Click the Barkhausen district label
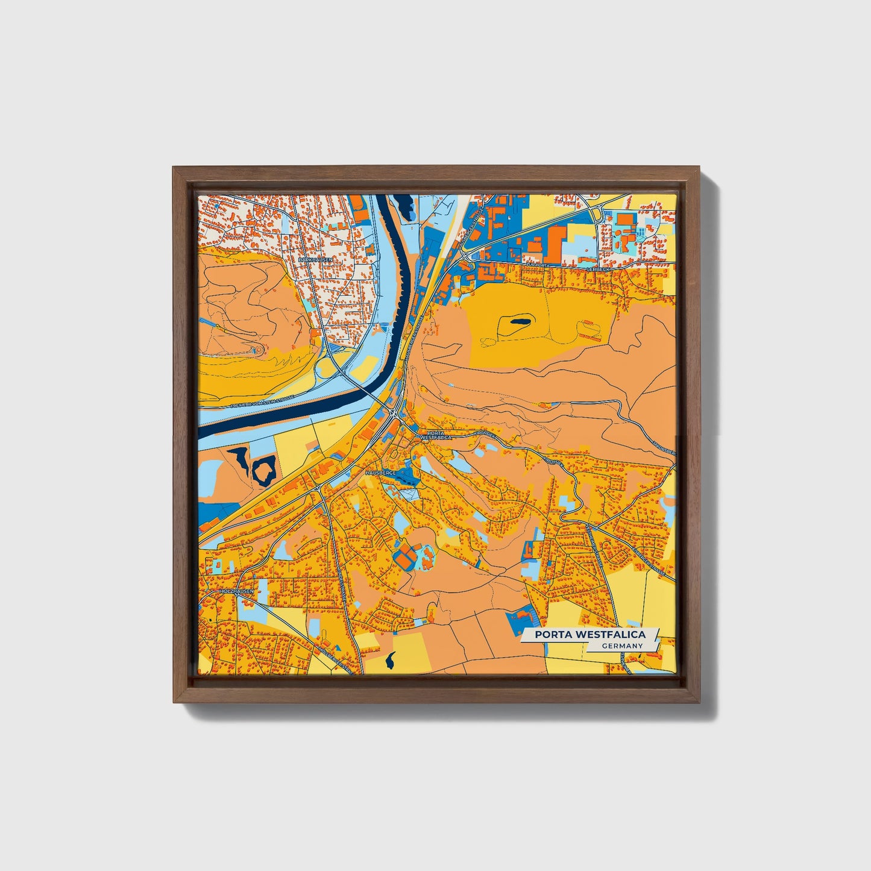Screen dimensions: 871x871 315,259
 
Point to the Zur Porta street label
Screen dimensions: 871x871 539,265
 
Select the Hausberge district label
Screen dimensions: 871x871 380,473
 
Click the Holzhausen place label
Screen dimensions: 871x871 237,592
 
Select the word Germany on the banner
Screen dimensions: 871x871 621,646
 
